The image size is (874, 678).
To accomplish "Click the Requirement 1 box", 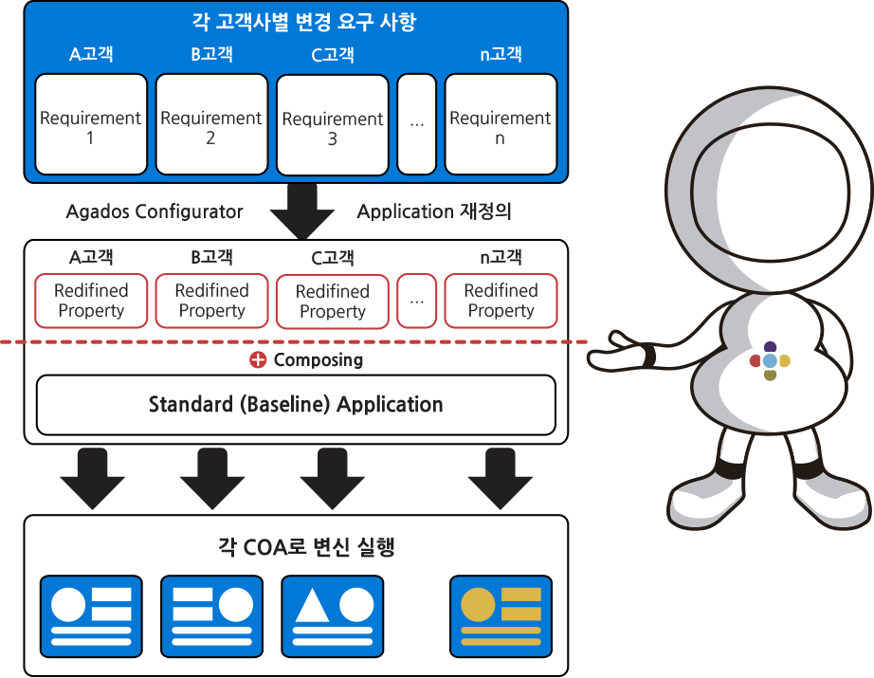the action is (x=91, y=124).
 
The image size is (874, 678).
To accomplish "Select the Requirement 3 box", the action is (x=332, y=125).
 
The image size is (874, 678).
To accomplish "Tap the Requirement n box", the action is (x=501, y=124).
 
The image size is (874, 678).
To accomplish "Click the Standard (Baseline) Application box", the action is (x=296, y=405).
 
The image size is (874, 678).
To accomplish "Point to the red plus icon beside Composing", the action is (x=258, y=359).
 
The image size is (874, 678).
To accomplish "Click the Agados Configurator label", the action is (x=155, y=211).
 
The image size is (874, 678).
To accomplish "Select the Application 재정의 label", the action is (x=433, y=211).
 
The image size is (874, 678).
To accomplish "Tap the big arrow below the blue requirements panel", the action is (x=302, y=211).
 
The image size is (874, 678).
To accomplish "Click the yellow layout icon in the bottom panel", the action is (x=501, y=616).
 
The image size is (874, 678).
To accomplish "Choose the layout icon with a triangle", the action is (x=332, y=616).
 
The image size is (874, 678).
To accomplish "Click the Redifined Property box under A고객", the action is (x=91, y=301).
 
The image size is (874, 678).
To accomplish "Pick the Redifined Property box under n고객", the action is (x=501, y=301).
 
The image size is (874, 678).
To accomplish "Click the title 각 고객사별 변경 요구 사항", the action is (x=303, y=22).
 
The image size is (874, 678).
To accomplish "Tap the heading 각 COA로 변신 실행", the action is (x=306, y=547).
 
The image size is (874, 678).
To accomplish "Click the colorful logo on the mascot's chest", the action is (x=770, y=360).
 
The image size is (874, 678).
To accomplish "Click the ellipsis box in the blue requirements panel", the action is (x=416, y=124).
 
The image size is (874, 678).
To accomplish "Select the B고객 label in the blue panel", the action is (x=211, y=54).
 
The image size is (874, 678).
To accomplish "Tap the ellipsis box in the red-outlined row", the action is (x=416, y=301).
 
